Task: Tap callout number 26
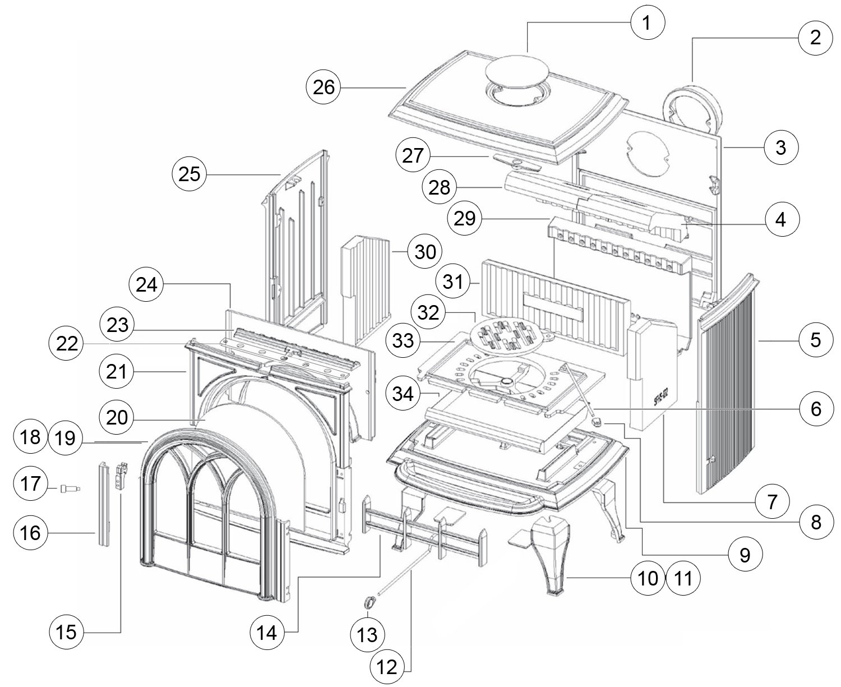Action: (323, 87)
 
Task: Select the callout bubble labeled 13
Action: (367, 634)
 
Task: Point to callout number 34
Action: (403, 394)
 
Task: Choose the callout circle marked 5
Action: (816, 340)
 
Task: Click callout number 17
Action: (31, 483)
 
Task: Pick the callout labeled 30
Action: (425, 252)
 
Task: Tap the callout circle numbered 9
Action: (745, 555)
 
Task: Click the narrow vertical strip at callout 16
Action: (103, 504)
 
